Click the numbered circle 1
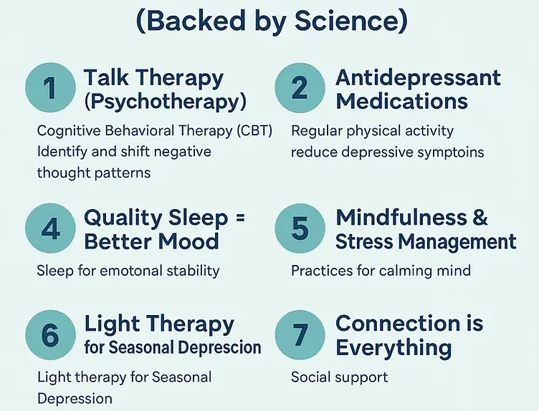[x=49, y=88]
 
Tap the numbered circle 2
[x=300, y=88]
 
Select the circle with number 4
[x=49, y=228]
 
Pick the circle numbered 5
[x=300, y=228]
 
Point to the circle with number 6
[x=49, y=335]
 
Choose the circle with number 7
[x=300, y=335]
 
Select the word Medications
[x=401, y=101]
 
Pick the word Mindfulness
[x=402, y=218]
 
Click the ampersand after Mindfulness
[x=480, y=218]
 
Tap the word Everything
[x=393, y=348]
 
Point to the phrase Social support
[x=339, y=377]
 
